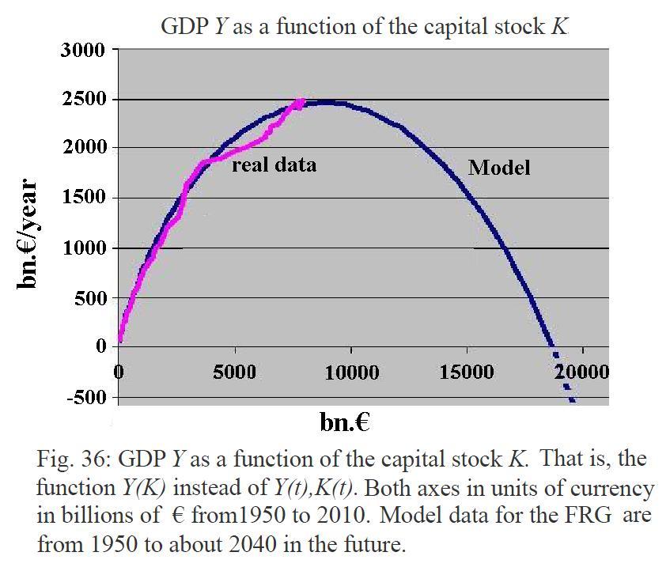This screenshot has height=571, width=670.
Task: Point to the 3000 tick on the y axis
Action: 83,51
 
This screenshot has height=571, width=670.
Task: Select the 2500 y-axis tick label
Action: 83,100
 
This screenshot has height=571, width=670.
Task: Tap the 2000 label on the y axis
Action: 83,149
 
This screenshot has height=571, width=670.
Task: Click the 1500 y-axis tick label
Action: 83,198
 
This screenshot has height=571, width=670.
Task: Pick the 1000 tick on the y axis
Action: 83,248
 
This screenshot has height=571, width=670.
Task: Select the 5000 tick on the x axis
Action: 235,372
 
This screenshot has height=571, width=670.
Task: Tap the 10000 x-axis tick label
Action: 352,372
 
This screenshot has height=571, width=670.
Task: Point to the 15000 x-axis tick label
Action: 467,372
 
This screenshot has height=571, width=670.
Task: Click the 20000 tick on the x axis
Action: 581,372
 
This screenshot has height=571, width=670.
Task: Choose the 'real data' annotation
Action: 274,164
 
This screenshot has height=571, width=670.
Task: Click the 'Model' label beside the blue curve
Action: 499,168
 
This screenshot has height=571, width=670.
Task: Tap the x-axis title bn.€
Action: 346,422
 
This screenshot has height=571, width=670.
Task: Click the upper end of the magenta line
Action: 301,100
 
